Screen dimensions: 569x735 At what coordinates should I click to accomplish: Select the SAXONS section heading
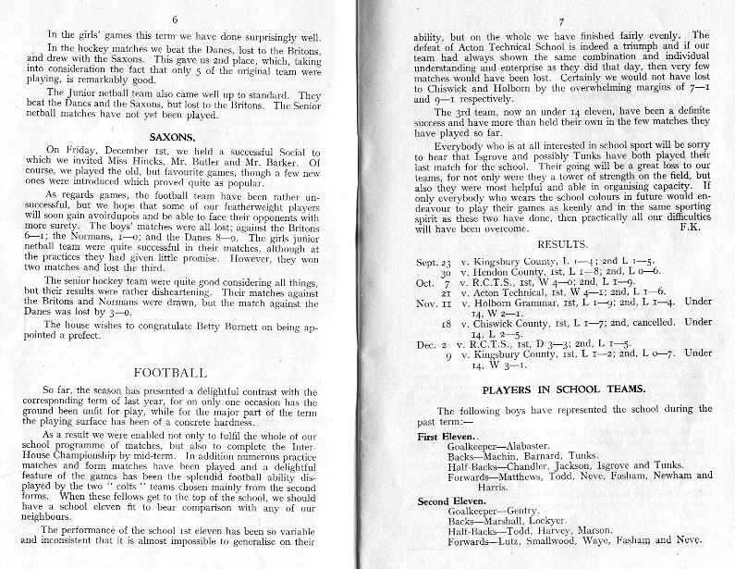tap(171, 135)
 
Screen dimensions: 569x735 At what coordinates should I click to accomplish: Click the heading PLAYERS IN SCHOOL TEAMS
tap(549, 390)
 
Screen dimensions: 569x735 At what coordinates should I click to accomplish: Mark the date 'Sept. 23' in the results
tap(433, 263)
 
